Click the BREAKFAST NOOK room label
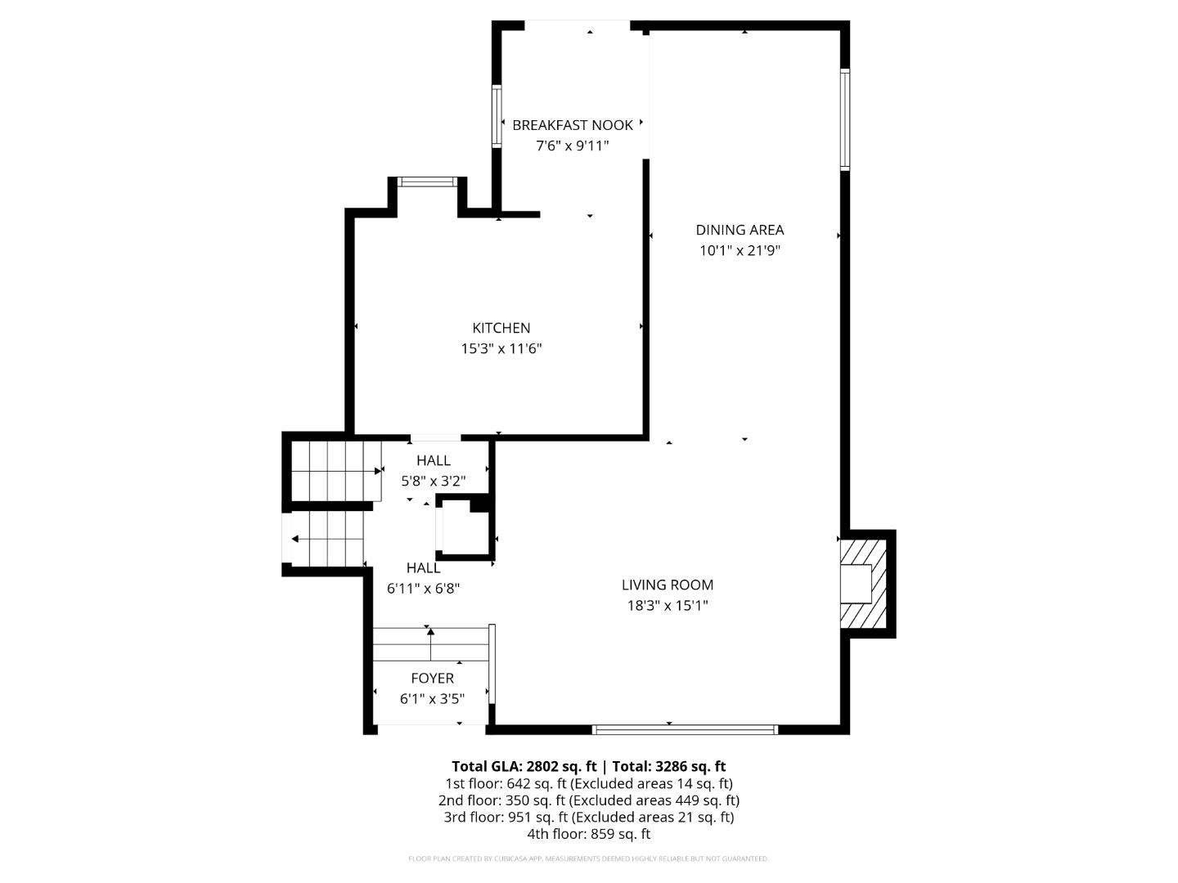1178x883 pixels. click(573, 125)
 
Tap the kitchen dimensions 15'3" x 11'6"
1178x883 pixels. click(501, 349)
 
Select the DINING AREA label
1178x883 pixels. click(740, 230)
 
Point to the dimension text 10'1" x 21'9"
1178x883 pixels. click(740, 251)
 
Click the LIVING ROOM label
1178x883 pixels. click(668, 585)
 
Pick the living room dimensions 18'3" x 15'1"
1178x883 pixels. click(668, 606)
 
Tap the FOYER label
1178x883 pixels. click(432, 678)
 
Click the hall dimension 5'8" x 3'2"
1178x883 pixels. click(433, 482)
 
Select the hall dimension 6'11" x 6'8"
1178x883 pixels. click(423, 588)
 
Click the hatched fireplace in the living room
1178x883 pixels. click(866, 582)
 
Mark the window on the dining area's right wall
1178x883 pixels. click(845, 119)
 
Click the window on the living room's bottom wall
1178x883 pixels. click(684, 728)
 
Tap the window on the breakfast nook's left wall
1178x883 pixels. click(497, 116)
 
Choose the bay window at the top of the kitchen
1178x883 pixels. click(426, 182)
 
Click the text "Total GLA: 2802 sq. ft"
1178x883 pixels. click(524, 766)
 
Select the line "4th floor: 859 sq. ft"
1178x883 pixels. click(588, 834)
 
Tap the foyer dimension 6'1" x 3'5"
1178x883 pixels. click(432, 699)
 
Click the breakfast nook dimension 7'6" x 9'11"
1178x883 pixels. click(573, 146)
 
